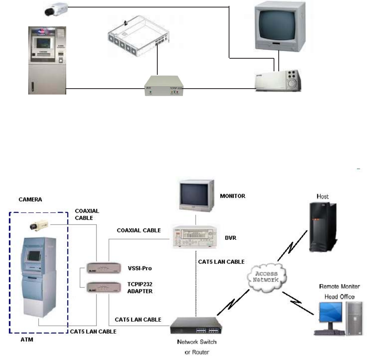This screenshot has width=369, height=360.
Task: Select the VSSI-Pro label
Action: point(140,268)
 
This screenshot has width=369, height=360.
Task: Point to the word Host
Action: point(322,196)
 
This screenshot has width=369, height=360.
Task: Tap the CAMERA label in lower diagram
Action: point(30,200)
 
